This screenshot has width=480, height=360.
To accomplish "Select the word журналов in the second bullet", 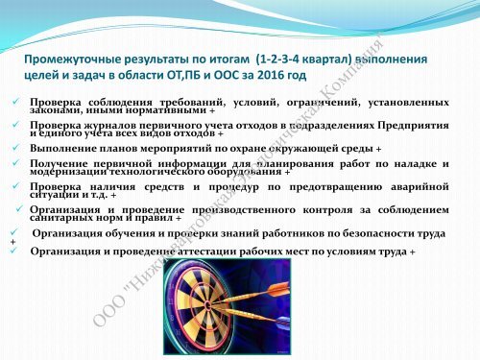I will point(113,126).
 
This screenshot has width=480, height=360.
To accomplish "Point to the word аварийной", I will point(418,186).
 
